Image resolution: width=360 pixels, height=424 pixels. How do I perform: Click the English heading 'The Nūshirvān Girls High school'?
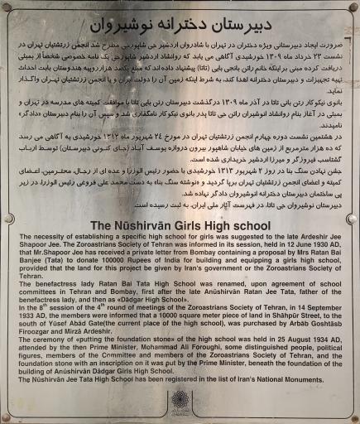(x=180, y=225)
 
